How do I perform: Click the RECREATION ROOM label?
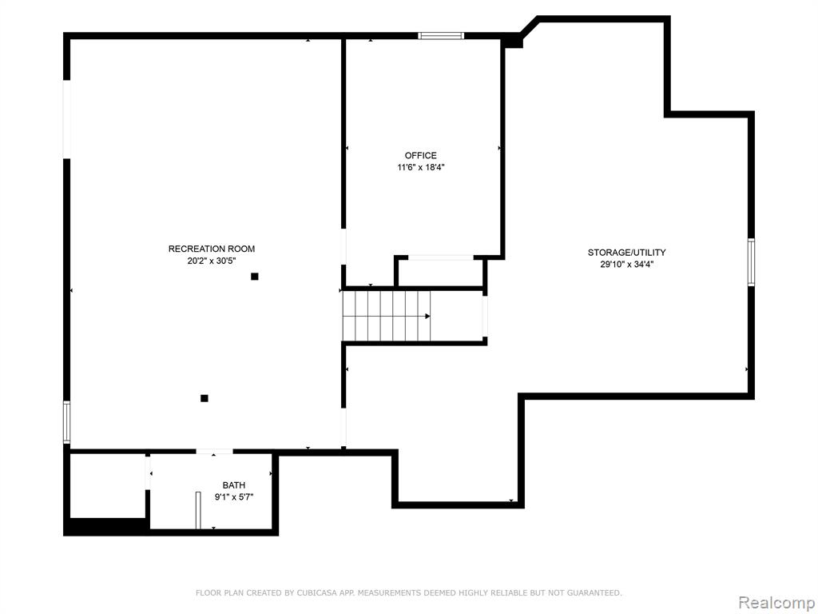211,249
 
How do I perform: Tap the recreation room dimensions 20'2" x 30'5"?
212,261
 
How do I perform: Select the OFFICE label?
420,156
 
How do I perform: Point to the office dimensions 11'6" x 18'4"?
420,168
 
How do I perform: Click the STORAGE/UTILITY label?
626,253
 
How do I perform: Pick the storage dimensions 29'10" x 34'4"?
626,265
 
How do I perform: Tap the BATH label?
234,485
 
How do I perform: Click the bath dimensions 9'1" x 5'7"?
234,497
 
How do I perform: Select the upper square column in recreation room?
255,276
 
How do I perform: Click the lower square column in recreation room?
204,398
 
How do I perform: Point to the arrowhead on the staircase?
427,316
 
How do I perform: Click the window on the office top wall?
441,36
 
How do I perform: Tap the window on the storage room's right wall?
751,262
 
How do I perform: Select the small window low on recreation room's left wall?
67,422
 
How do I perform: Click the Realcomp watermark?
776,602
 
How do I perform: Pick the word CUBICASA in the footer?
315,592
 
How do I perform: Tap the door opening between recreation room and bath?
214,452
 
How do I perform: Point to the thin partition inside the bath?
198,510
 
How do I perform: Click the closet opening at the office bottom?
441,257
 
